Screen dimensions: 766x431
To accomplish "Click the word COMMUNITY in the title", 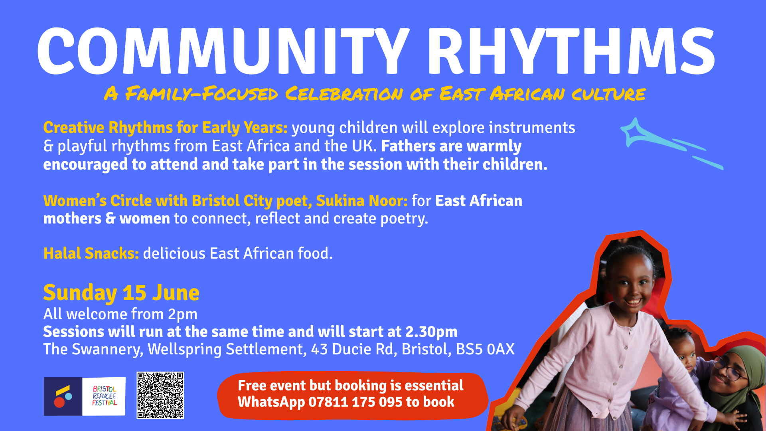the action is pyautogui.click(x=224, y=51).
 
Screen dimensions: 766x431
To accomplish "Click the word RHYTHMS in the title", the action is pyautogui.click(x=571, y=51).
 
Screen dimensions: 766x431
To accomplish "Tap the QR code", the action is pyautogui.click(x=160, y=395).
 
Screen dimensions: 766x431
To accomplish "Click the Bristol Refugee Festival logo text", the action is pyautogui.click(x=104, y=396).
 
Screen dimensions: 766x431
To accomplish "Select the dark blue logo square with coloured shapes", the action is pyautogui.click(x=63, y=396).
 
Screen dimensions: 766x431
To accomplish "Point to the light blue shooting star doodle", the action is pyautogui.click(x=670, y=144).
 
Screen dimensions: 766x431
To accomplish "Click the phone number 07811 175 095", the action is pyautogui.click(x=355, y=402).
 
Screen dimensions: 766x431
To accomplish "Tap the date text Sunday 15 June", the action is pyautogui.click(x=121, y=293).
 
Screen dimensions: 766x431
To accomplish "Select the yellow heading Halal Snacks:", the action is pyautogui.click(x=91, y=253).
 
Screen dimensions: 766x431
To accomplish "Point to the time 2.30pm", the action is pyautogui.click(x=431, y=332).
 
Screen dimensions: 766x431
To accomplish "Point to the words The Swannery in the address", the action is pyautogui.click(x=93, y=350).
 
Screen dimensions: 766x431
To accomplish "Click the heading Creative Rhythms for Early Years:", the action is pyautogui.click(x=165, y=128).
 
